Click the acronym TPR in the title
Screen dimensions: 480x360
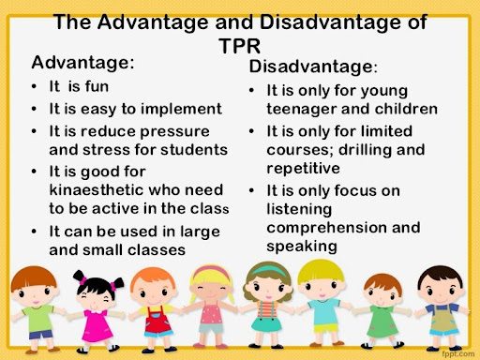[x=240, y=46]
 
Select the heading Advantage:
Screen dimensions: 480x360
[x=82, y=63]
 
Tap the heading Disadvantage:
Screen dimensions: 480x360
[x=313, y=67]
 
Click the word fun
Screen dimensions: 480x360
[x=97, y=86]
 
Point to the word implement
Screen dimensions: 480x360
[x=181, y=110]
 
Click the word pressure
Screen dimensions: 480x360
[x=174, y=132]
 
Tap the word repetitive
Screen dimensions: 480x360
[x=304, y=169]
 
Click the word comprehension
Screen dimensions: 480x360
[x=325, y=228]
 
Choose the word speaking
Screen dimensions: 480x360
[x=302, y=247]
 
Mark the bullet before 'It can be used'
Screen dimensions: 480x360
[x=34, y=232]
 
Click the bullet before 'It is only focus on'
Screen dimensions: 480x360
[x=251, y=190]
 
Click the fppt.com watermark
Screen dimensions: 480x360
[x=458, y=354]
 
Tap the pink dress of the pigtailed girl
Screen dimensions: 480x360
[x=97, y=325]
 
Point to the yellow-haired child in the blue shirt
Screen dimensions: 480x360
[x=322, y=303]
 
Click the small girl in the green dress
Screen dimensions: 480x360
[x=382, y=311]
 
